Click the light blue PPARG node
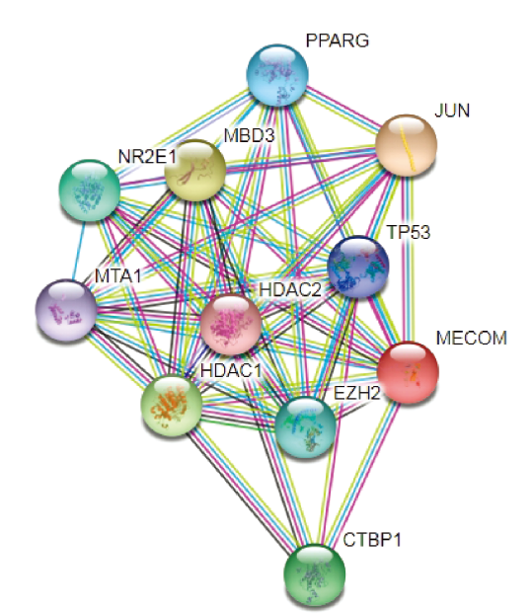tap(277, 75)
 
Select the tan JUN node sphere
tap(406, 145)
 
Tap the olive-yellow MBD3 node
tap(195, 171)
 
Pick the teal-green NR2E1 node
tap(89, 191)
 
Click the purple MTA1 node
tap(66, 310)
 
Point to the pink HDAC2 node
tap(231, 325)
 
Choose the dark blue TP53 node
tap(358, 267)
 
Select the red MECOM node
tap(408, 372)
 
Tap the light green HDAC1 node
tap(172, 406)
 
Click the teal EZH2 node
tap(305, 426)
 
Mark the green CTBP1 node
tap(314, 575)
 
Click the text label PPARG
tap(337, 40)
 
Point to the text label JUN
tap(452, 111)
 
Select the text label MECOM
tap(472, 338)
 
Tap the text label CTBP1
tap(372, 540)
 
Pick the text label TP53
tap(409, 232)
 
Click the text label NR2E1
tap(147, 157)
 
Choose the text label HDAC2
tap(290, 290)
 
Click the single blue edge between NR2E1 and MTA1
tap(78, 251)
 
